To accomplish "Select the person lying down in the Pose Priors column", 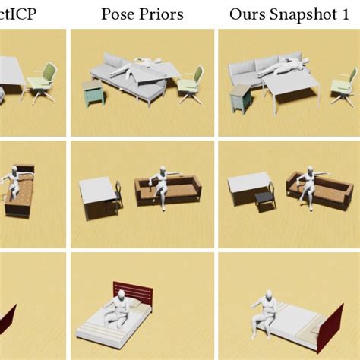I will point(137,70).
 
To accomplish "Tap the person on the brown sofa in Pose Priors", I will point(161,182).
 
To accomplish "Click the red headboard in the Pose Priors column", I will point(134,293).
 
